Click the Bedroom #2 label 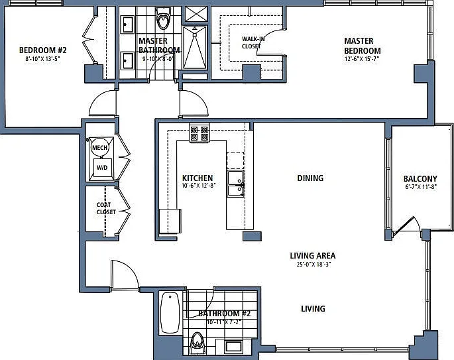(43, 50)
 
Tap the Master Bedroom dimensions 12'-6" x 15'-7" (362, 59)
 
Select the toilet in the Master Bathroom (163, 19)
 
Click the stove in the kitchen (199, 133)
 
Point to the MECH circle (99, 147)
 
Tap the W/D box (102, 168)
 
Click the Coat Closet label (106, 208)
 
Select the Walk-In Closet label (253, 42)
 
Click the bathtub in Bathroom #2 (170, 313)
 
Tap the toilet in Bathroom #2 (198, 343)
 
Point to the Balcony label (420, 179)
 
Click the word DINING (310, 178)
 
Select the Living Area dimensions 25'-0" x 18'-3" (313, 264)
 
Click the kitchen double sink (235, 184)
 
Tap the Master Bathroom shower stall (195, 48)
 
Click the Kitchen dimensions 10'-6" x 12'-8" (199, 186)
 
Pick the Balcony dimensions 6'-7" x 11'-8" (421, 187)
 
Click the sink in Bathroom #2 (233, 347)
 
